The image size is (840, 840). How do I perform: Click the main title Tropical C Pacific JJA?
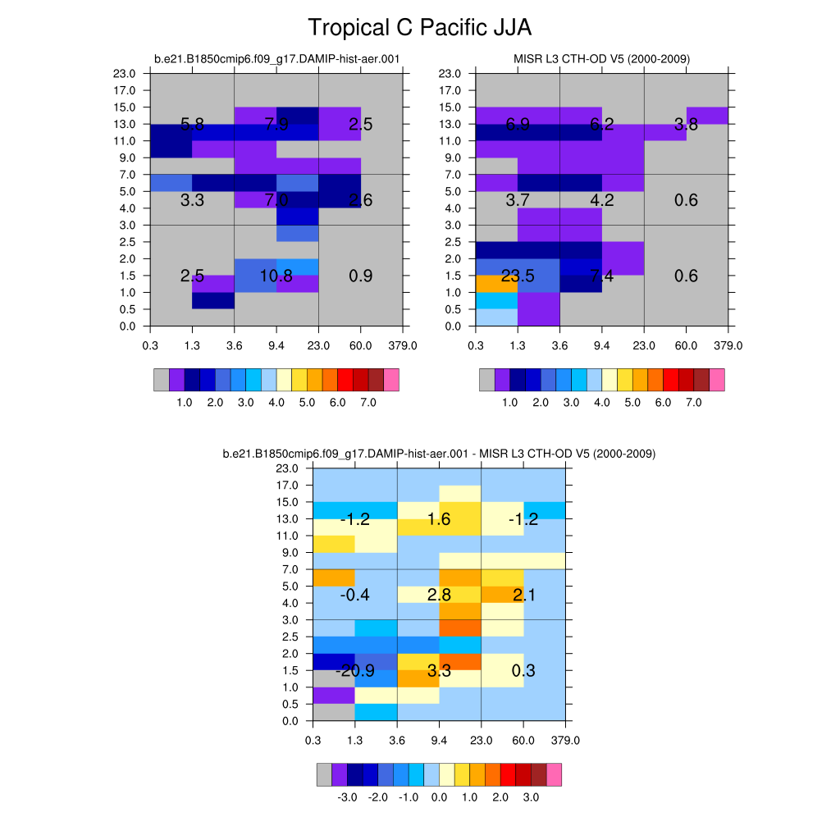419,28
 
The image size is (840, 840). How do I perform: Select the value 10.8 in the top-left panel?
276,276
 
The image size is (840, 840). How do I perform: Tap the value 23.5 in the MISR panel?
518,276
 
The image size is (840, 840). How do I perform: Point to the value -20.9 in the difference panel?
355,671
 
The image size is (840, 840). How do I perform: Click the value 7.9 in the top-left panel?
276,125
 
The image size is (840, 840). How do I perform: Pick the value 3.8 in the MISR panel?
686,125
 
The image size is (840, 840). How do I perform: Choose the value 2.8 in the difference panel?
439,596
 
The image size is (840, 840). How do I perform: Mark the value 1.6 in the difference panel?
439,519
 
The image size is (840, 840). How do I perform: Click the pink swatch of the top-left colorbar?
391,380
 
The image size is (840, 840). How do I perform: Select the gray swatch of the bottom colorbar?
324,774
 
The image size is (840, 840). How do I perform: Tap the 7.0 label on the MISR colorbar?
694,404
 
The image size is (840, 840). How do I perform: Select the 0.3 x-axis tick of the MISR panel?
476,345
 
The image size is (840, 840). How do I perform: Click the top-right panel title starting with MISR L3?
601,59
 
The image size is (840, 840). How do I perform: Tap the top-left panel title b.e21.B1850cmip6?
277,59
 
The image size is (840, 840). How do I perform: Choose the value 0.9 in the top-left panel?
361,276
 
